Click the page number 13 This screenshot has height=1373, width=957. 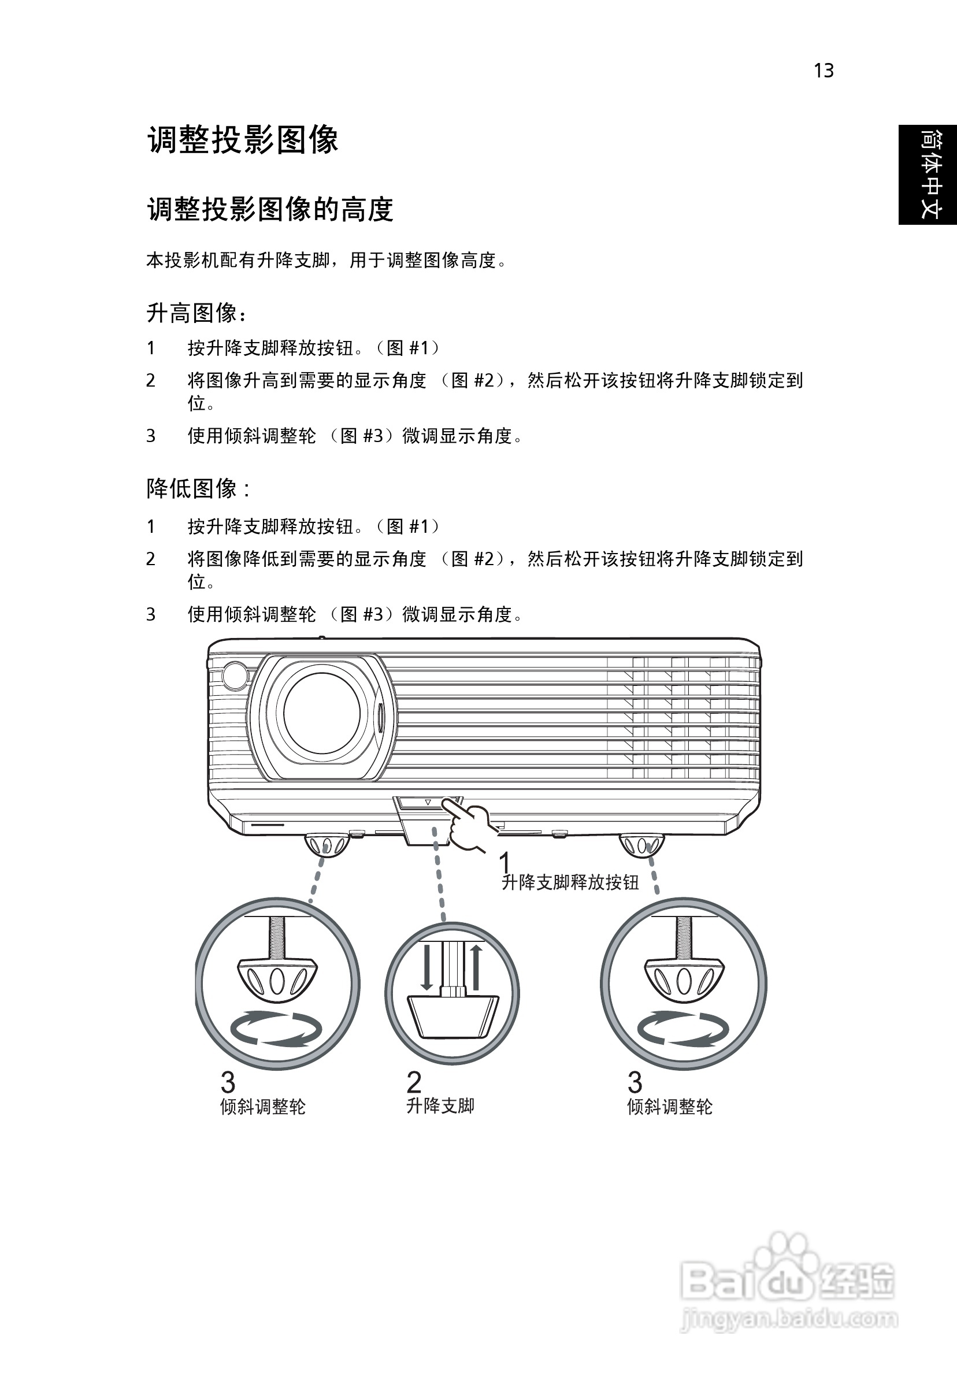(x=824, y=70)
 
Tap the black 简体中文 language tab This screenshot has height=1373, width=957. (x=927, y=175)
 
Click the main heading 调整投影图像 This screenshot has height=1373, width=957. (x=243, y=140)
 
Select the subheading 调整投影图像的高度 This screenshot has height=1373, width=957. (x=270, y=209)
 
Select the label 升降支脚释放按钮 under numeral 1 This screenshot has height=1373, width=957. (x=570, y=882)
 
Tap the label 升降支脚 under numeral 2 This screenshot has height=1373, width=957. (x=440, y=1105)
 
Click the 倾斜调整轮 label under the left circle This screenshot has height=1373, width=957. (x=262, y=1106)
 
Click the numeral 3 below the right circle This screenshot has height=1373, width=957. (x=635, y=1082)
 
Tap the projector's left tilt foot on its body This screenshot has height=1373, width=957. (x=327, y=845)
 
